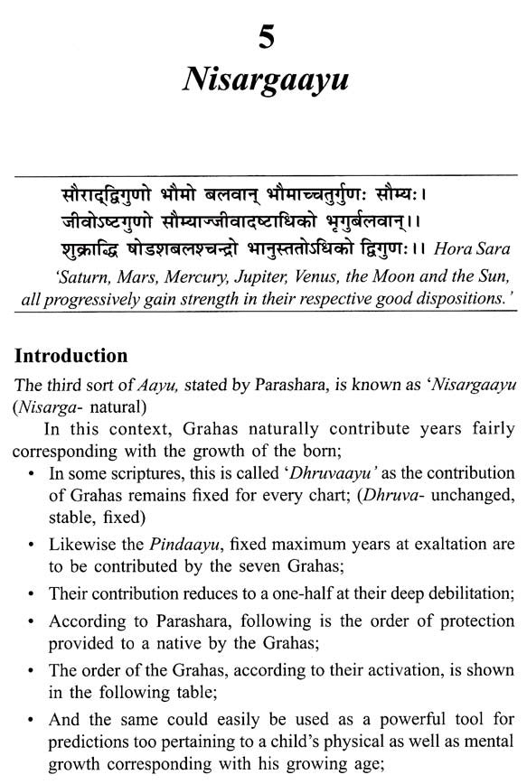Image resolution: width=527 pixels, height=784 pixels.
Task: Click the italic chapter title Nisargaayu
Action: click(x=263, y=82)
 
